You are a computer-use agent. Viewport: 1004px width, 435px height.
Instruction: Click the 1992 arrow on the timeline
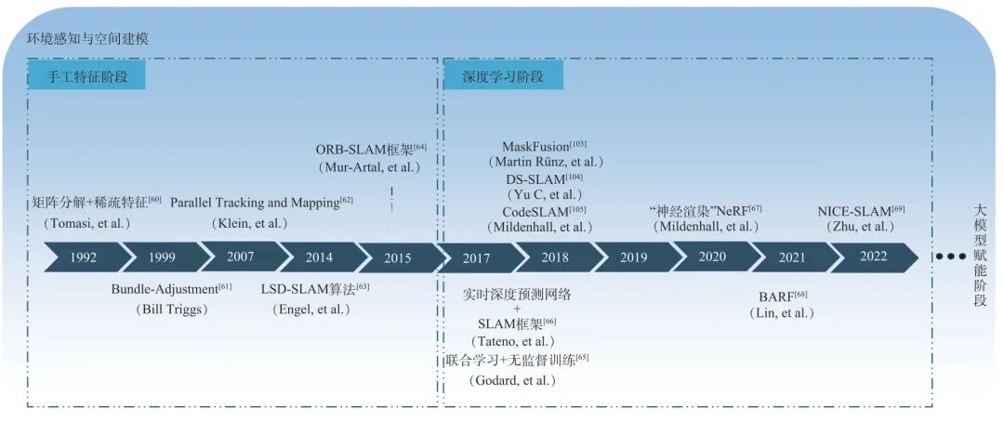(x=83, y=257)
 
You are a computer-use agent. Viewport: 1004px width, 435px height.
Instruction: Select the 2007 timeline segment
(x=239, y=257)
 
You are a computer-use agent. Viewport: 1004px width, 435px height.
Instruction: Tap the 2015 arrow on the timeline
(x=397, y=257)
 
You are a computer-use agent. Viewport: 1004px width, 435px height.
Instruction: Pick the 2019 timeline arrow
(x=633, y=257)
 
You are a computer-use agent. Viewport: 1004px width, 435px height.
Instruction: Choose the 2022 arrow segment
(x=873, y=257)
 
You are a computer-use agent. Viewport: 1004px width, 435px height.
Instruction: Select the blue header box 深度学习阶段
(x=503, y=76)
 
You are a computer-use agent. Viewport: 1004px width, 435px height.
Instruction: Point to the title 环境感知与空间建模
(x=88, y=39)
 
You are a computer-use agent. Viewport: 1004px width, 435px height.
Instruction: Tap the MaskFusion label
(x=540, y=147)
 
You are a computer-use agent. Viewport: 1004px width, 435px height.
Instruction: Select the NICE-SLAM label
(x=856, y=211)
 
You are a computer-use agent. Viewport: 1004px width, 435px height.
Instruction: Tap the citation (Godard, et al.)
(x=512, y=380)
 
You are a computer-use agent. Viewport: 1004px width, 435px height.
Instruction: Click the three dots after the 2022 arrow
(x=948, y=257)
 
